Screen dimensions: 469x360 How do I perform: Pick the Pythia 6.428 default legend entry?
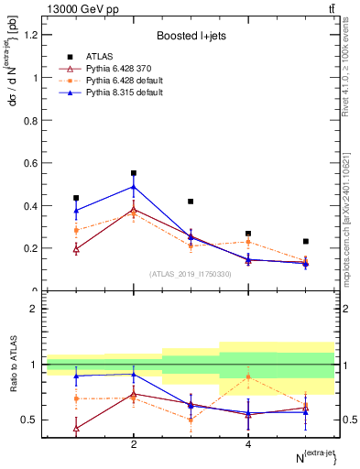point(115,81)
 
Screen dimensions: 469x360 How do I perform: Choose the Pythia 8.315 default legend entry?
point(115,93)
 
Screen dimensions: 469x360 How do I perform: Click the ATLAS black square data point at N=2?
point(134,173)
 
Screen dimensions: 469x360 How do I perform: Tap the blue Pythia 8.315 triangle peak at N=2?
point(134,187)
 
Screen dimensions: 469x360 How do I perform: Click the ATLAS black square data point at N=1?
point(76,198)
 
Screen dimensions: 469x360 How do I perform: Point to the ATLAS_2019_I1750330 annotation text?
point(191,274)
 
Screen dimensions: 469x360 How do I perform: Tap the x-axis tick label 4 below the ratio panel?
point(248,444)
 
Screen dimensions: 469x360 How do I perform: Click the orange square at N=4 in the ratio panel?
point(248,377)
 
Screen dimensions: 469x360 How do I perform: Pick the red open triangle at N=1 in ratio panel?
point(76,428)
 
